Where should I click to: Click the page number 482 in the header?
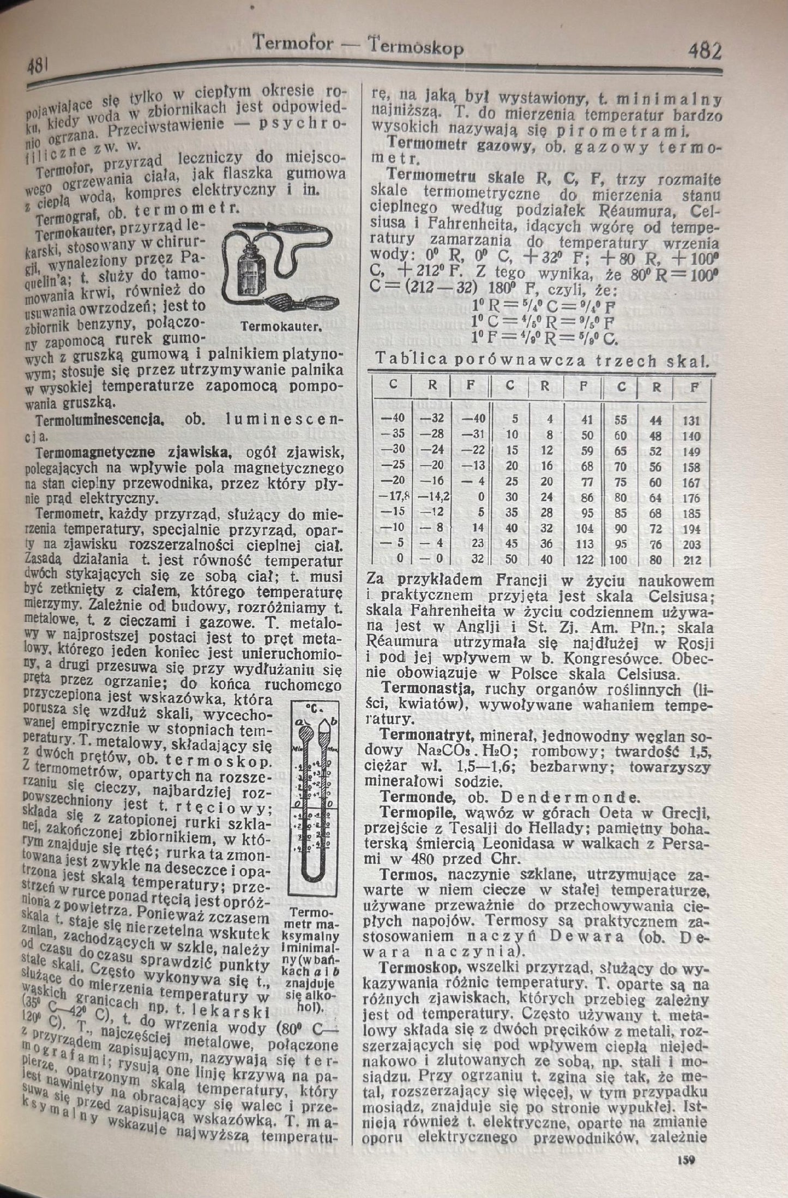[705, 52]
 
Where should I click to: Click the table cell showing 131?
[691, 420]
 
